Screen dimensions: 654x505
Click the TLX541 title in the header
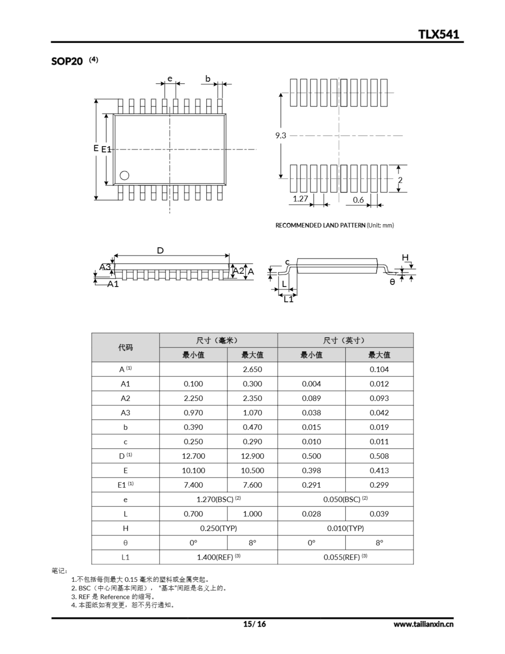click(x=438, y=34)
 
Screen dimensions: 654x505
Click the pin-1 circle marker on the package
click(x=124, y=176)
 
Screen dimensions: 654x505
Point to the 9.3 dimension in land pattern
click(x=281, y=136)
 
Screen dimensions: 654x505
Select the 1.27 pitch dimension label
click(x=300, y=199)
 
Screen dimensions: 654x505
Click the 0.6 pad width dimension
click(x=358, y=200)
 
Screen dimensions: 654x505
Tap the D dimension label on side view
click(x=160, y=250)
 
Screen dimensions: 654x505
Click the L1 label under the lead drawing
click(x=288, y=299)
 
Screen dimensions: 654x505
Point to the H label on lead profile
click(x=405, y=258)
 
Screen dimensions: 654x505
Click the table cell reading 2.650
click(x=252, y=369)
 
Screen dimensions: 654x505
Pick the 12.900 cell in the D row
click(x=252, y=456)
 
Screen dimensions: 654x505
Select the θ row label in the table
click(x=125, y=543)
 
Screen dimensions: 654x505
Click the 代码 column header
click(x=125, y=347)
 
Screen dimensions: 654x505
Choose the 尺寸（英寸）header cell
click(x=345, y=340)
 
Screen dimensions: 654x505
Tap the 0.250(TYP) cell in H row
click(x=218, y=528)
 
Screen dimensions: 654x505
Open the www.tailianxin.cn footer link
click(x=423, y=624)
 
